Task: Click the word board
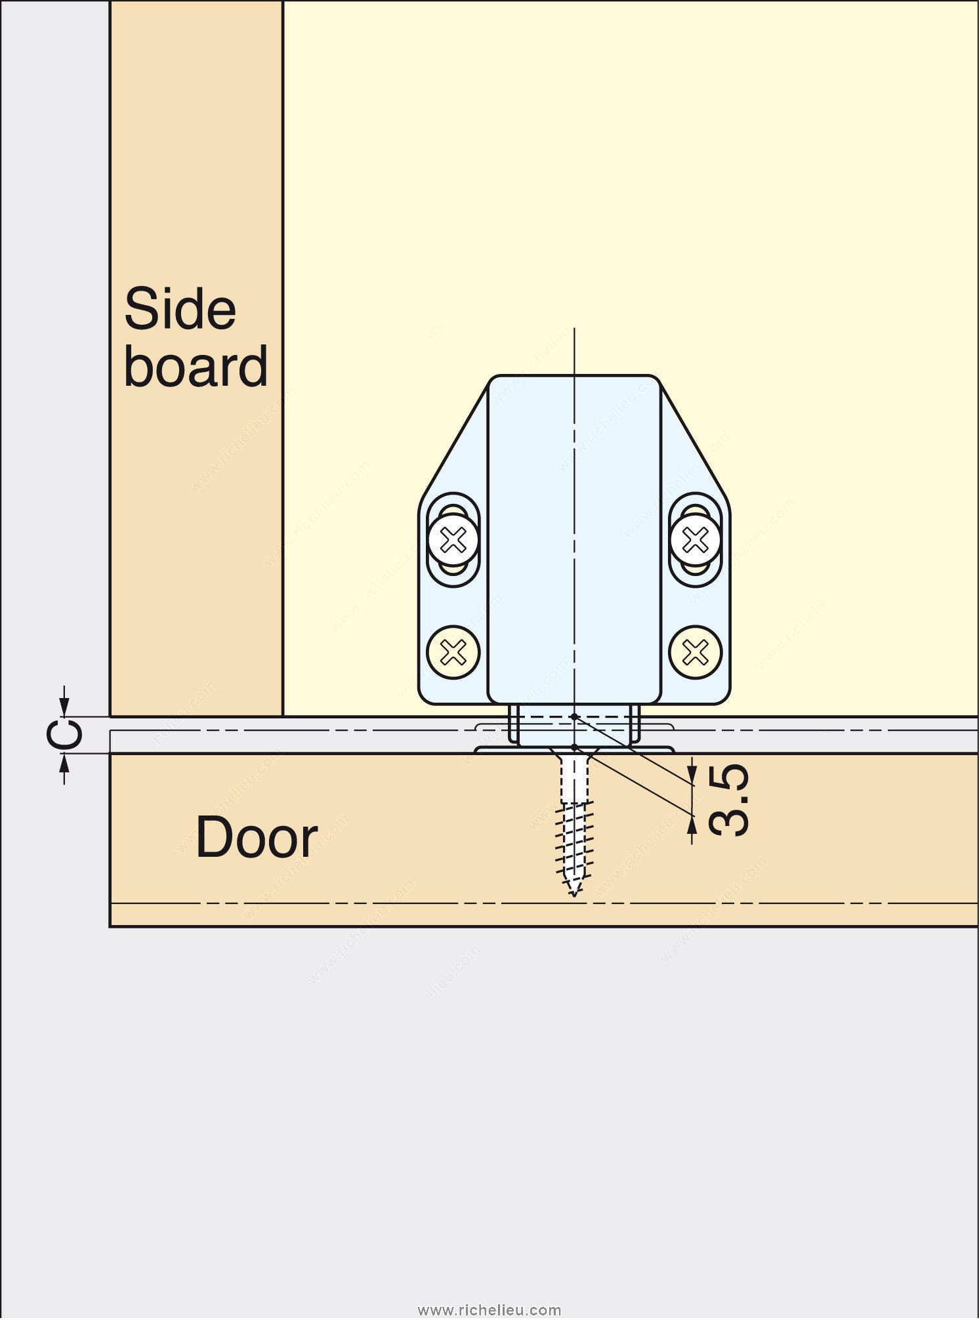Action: (x=196, y=367)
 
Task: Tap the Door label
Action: (x=257, y=838)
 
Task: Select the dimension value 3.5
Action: (x=729, y=800)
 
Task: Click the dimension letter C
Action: (x=66, y=735)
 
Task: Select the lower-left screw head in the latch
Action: (x=453, y=652)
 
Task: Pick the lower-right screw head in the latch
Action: (x=695, y=652)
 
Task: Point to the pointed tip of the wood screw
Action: (x=574, y=892)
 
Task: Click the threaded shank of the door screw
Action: (x=574, y=840)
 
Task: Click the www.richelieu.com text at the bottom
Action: (x=490, y=1310)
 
